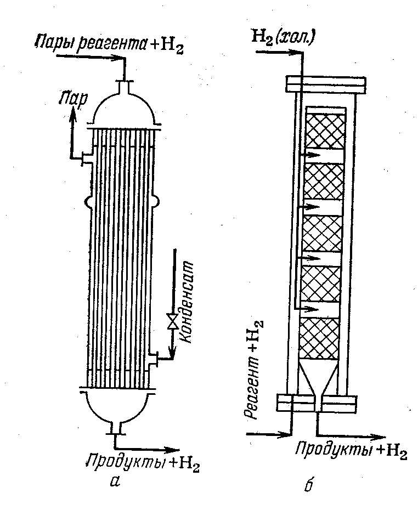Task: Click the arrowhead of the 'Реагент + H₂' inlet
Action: (x=286, y=434)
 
